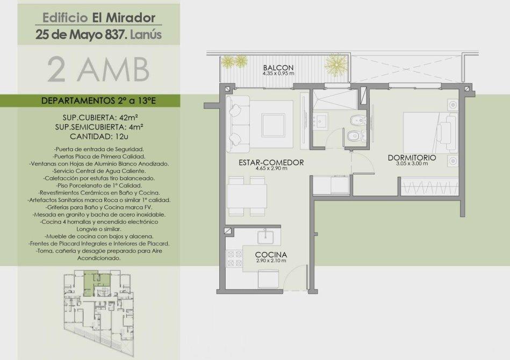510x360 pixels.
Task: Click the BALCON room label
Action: click(x=278, y=68)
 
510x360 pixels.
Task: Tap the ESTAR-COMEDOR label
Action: click(x=271, y=162)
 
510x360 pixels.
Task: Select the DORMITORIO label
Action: click(x=412, y=158)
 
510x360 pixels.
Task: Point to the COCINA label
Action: click(x=271, y=255)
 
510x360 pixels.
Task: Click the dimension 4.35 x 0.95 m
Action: click(x=278, y=74)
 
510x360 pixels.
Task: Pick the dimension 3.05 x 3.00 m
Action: click(x=412, y=163)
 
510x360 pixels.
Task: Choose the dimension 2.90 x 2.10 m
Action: click(x=271, y=261)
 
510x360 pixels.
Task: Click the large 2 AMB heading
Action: click(x=98, y=70)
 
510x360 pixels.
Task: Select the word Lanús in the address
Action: click(x=146, y=35)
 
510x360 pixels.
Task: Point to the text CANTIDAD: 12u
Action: click(x=99, y=136)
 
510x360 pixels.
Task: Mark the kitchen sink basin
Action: click(x=265, y=237)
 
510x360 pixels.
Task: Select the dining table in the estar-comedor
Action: click(x=247, y=197)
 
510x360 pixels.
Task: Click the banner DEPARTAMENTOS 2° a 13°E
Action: click(x=98, y=101)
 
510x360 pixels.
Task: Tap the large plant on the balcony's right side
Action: click(x=336, y=63)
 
